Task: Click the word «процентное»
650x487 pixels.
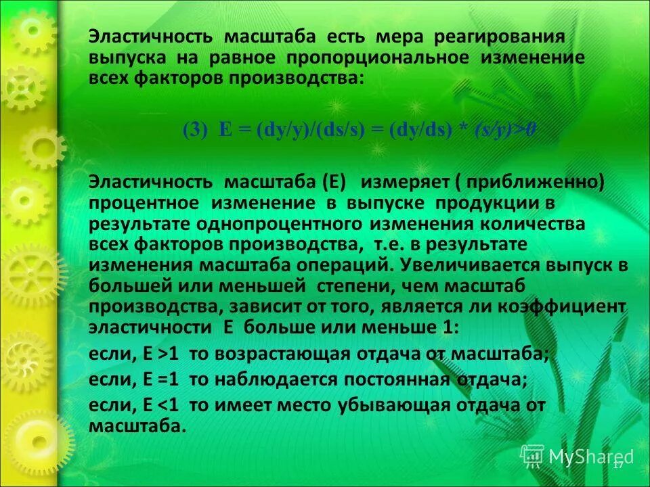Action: [x=144, y=204]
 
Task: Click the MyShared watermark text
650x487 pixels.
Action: [x=590, y=457]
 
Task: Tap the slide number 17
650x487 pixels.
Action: [x=617, y=465]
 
